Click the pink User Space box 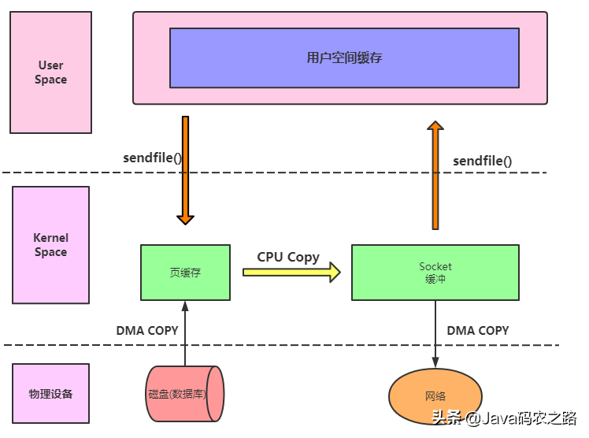point(50,72)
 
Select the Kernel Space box point(50,244)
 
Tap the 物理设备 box point(50,393)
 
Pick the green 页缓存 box point(185,272)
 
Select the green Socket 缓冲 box point(435,272)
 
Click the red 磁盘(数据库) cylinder point(186,394)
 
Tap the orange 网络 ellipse point(435,395)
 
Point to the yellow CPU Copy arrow point(291,273)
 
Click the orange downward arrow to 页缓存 point(186,169)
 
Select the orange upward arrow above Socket point(435,175)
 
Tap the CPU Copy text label point(288,257)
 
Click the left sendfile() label point(152,157)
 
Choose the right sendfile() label point(482,161)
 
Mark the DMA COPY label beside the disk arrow point(147,330)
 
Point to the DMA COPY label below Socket point(478,330)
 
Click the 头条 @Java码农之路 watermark point(503,418)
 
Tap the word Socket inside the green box point(435,266)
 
